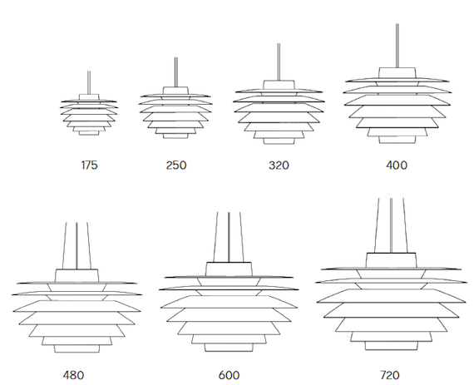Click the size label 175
click(x=90, y=165)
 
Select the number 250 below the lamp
click(x=176, y=165)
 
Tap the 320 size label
click(x=279, y=165)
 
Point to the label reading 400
click(x=397, y=165)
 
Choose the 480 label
click(x=73, y=375)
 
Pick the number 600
click(x=229, y=375)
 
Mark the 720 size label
click(x=390, y=375)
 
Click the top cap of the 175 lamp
click(x=89, y=97)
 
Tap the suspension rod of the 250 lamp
click(x=176, y=72)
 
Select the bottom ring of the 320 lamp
click(x=279, y=141)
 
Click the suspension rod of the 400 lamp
click(x=397, y=46)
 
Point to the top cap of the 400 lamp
click(x=397, y=73)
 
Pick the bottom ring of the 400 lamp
click(x=397, y=140)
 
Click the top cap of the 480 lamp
click(x=77, y=275)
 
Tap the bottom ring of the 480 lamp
click(x=77, y=348)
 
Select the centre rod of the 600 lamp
click(x=229, y=237)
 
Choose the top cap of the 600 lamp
click(x=229, y=269)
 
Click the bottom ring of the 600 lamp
click(x=229, y=348)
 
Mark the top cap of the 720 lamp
click(x=391, y=260)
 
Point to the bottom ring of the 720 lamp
click(x=391, y=346)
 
